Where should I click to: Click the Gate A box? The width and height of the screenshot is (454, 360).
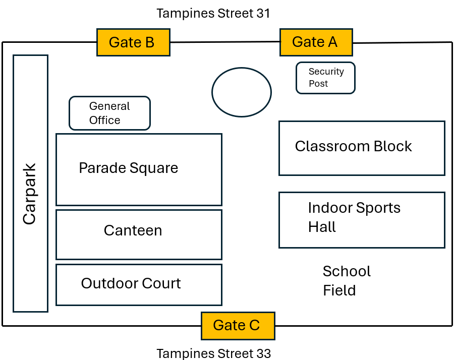(316, 42)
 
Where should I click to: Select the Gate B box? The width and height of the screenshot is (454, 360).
(133, 42)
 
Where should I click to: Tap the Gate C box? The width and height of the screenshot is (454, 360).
(238, 325)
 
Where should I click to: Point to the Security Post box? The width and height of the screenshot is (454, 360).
(325, 78)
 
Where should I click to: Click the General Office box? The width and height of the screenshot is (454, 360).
(109, 113)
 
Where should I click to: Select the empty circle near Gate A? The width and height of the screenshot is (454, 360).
(242, 92)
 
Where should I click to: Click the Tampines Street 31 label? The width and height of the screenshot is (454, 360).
(213, 14)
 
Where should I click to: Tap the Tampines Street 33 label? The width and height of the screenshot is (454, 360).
(213, 353)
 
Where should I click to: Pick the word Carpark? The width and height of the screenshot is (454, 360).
(30, 194)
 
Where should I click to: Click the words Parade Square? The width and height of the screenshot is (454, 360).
(128, 168)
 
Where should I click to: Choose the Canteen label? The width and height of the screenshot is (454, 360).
(133, 230)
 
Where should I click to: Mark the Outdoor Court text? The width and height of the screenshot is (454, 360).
(131, 283)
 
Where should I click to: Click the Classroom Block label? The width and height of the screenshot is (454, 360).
(353, 146)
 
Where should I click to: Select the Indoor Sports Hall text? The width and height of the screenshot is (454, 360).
(354, 217)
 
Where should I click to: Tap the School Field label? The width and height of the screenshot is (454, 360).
(346, 281)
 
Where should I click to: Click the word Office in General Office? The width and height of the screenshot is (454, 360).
(104, 120)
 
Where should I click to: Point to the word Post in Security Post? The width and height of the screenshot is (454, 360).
(318, 84)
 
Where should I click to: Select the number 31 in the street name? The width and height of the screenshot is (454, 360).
(263, 14)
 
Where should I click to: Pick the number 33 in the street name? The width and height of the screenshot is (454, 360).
(263, 353)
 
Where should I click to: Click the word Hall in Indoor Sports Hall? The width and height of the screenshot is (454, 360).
(322, 227)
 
